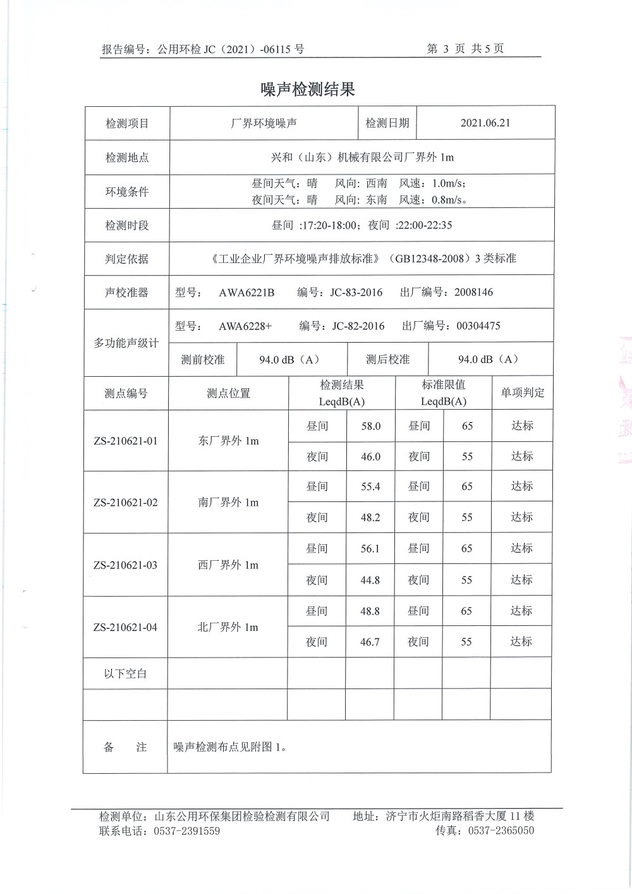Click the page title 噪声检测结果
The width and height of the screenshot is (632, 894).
pyautogui.click(x=308, y=90)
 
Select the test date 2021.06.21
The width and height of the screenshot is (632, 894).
pyautogui.click(x=485, y=123)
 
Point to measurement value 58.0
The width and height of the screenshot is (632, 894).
pyautogui.click(x=370, y=426)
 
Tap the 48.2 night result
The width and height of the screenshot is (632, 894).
pyautogui.click(x=370, y=517)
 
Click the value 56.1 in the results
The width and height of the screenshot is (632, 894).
pyautogui.click(x=370, y=549)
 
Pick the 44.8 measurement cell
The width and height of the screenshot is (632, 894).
pyautogui.click(x=370, y=580)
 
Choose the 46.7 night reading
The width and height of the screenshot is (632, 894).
pyautogui.click(x=370, y=642)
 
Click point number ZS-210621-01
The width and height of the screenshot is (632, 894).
pyautogui.click(x=125, y=441)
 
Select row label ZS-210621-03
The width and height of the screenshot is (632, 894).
pyautogui.click(x=125, y=565)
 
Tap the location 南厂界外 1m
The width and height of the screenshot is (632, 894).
pyautogui.click(x=228, y=503)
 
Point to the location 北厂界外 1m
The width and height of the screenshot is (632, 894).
pyautogui.click(x=228, y=627)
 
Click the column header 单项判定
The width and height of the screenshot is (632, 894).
pyautogui.click(x=522, y=393)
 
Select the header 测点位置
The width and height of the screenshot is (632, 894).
pyautogui.click(x=228, y=393)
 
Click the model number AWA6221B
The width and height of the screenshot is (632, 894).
pyautogui.click(x=246, y=292)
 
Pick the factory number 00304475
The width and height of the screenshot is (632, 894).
pyautogui.click(x=478, y=326)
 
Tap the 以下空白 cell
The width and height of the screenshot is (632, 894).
pyautogui.click(x=125, y=673)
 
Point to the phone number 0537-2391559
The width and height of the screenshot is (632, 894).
pyautogui.click(x=186, y=831)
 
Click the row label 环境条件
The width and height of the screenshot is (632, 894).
pyautogui.click(x=126, y=192)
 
